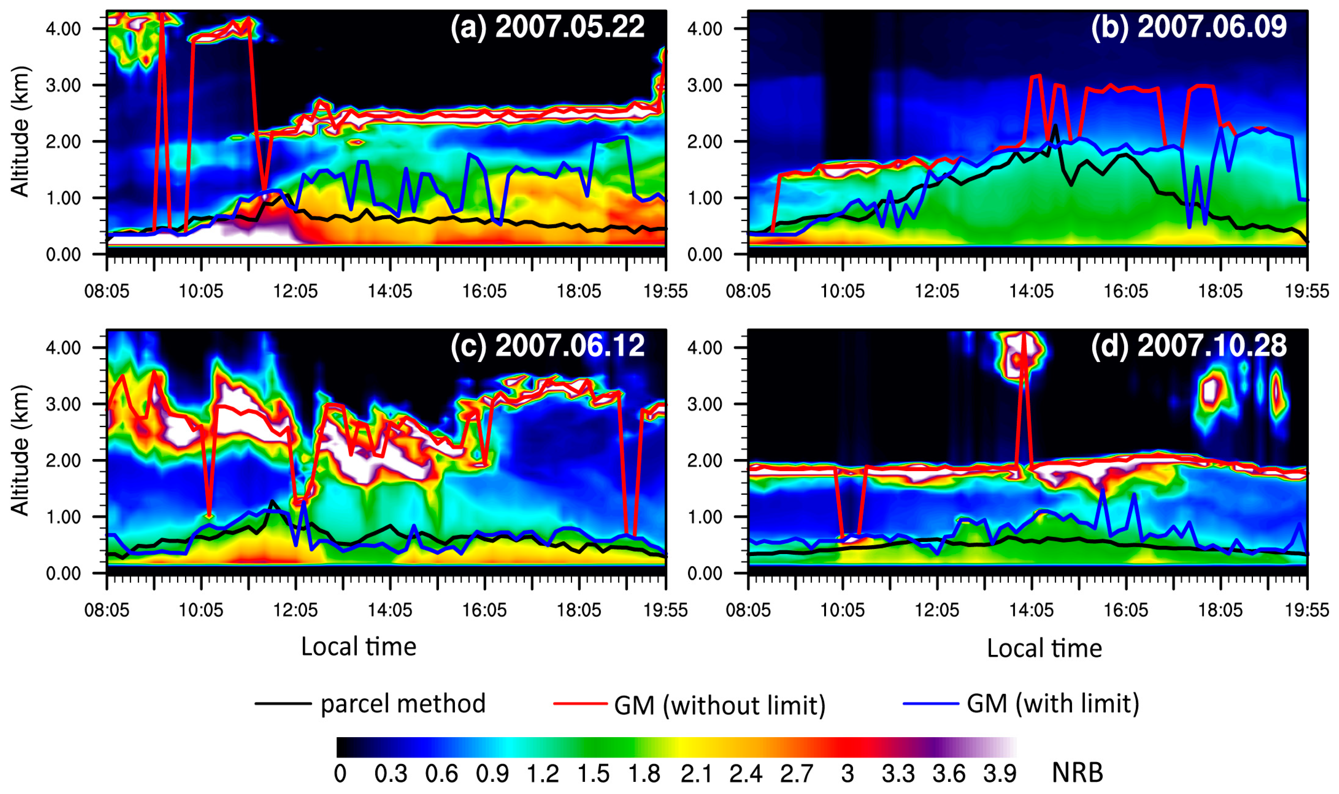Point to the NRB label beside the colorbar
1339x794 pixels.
pyautogui.click(x=1077, y=773)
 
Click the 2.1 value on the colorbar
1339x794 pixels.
pyautogui.click(x=696, y=774)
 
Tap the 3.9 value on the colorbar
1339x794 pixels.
pyautogui.click(x=999, y=774)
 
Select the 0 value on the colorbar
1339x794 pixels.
pyautogui.click(x=340, y=774)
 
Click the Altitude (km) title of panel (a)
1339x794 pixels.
pyautogui.click(x=20, y=132)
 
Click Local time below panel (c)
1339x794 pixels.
pyautogui.click(x=359, y=647)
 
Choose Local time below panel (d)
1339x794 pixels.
pyautogui.click(x=1044, y=648)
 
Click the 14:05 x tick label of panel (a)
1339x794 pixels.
pyautogui.click(x=390, y=291)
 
